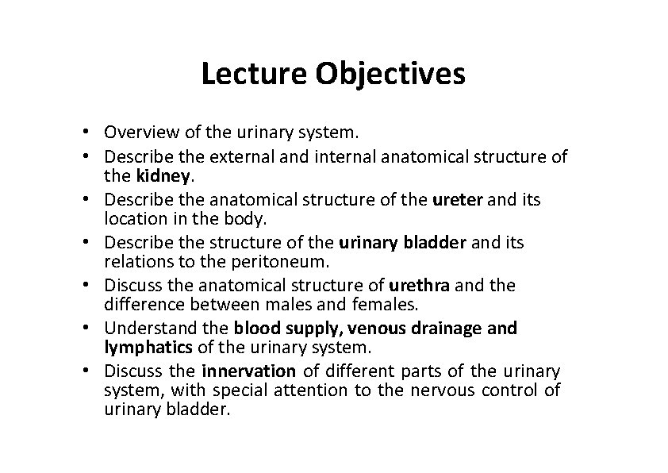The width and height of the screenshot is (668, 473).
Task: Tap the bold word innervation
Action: tap(248, 371)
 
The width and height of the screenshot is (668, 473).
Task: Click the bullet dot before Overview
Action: tap(94, 132)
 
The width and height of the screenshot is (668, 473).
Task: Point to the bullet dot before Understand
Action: tap(94, 329)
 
